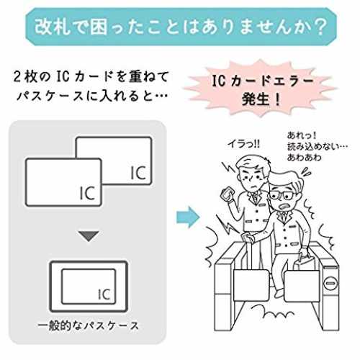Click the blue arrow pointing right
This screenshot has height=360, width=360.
coord(188,217)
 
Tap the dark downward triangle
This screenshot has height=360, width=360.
coord(89,236)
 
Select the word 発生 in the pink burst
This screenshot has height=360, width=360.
coord(255,99)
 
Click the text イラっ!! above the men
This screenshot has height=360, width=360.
coord(244,144)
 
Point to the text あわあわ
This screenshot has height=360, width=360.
coord(304,158)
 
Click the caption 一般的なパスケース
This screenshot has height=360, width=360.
coord(89,326)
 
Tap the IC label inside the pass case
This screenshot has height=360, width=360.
coord(104,294)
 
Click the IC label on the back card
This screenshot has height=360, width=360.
coord(138,173)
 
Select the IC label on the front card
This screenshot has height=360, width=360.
coord(87,193)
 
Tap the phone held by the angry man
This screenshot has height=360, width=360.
coord(226,193)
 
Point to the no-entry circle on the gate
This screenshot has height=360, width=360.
coord(330,284)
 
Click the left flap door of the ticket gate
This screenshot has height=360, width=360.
coord(251,285)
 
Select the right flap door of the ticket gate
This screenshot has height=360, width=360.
coord(302,286)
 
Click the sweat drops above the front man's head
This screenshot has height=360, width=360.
coord(307,172)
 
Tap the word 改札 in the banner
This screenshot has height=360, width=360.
coord(53,27)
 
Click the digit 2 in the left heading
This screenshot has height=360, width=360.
coord(17,77)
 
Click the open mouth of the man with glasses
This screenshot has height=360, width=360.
coord(286,206)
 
